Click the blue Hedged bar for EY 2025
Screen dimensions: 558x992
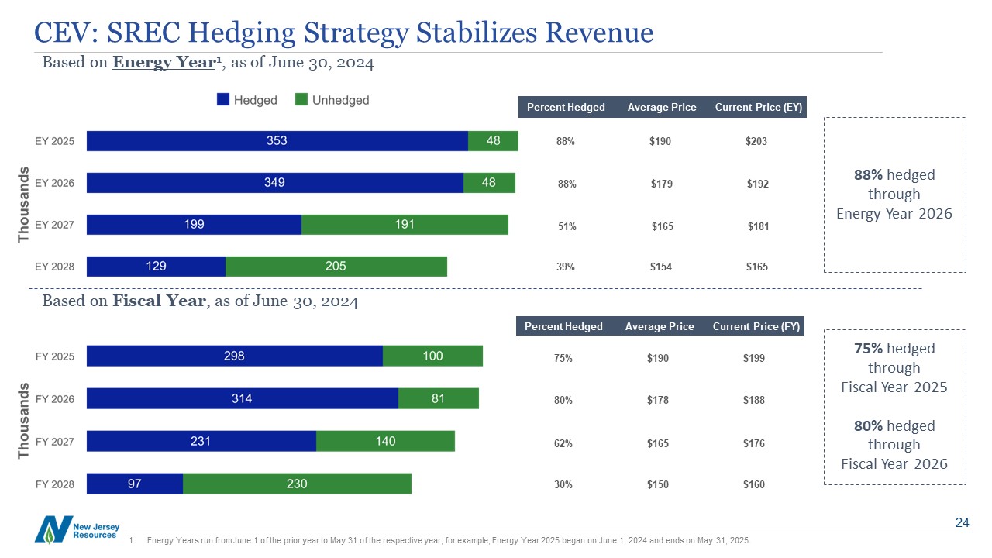point(277,141)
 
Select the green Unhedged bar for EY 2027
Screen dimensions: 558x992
point(405,225)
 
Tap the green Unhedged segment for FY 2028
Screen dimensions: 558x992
point(297,484)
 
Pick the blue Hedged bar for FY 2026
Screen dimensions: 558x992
point(243,398)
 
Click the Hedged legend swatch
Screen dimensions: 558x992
point(223,100)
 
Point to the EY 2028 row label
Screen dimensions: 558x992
point(55,267)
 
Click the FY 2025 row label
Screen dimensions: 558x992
point(55,356)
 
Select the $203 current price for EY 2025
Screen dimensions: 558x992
point(756,141)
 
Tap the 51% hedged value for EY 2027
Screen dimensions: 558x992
point(567,226)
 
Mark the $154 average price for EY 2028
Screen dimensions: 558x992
point(661,267)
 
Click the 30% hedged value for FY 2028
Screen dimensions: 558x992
point(563,484)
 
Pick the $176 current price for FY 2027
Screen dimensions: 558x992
point(753,443)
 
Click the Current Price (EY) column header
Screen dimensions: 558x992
point(759,107)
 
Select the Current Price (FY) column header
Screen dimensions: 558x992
point(756,326)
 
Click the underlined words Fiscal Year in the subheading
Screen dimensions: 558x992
point(160,301)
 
